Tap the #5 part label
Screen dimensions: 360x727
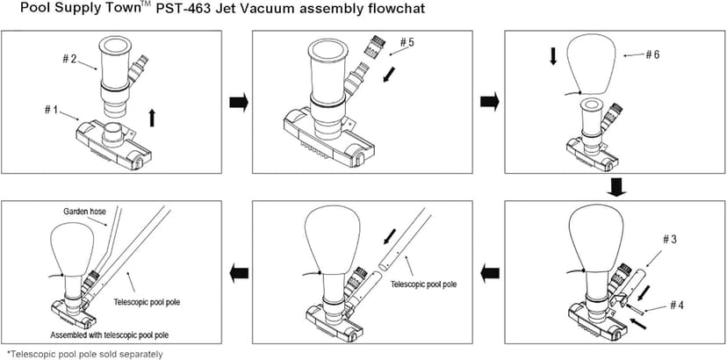click(x=408, y=42)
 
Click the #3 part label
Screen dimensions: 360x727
click(x=670, y=240)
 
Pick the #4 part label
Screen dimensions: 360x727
click(x=676, y=305)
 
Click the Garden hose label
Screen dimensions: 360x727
click(x=84, y=212)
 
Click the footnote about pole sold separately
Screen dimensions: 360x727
click(x=84, y=354)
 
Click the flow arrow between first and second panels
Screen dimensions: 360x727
click(x=238, y=104)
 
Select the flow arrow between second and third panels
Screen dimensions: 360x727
click(x=489, y=104)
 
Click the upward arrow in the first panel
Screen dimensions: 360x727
click(x=153, y=116)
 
